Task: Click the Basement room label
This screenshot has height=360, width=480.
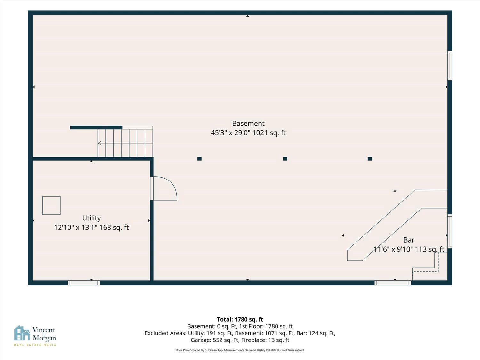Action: (x=248, y=124)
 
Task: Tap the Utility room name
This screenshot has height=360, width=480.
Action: (x=92, y=218)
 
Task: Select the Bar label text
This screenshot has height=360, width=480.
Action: (x=409, y=240)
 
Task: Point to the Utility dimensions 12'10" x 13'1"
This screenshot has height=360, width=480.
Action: (x=75, y=228)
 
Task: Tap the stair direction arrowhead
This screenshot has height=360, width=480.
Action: (x=100, y=143)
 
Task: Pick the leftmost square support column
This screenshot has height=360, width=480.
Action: (x=199, y=159)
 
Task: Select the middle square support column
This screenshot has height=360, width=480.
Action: (x=285, y=159)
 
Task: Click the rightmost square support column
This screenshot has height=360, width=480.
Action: (x=370, y=159)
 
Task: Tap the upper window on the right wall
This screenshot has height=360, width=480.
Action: (x=450, y=66)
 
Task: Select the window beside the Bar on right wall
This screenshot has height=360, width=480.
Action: (x=450, y=231)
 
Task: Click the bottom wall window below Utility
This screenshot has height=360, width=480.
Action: (x=84, y=283)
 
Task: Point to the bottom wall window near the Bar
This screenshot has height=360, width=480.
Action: (x=393, y=283)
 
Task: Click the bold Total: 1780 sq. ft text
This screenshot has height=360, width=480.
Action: (x=240, y=320)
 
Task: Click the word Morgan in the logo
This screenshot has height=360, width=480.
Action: (x=44, y=338)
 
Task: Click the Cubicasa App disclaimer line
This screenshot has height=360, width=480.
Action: (x=240, y=350)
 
